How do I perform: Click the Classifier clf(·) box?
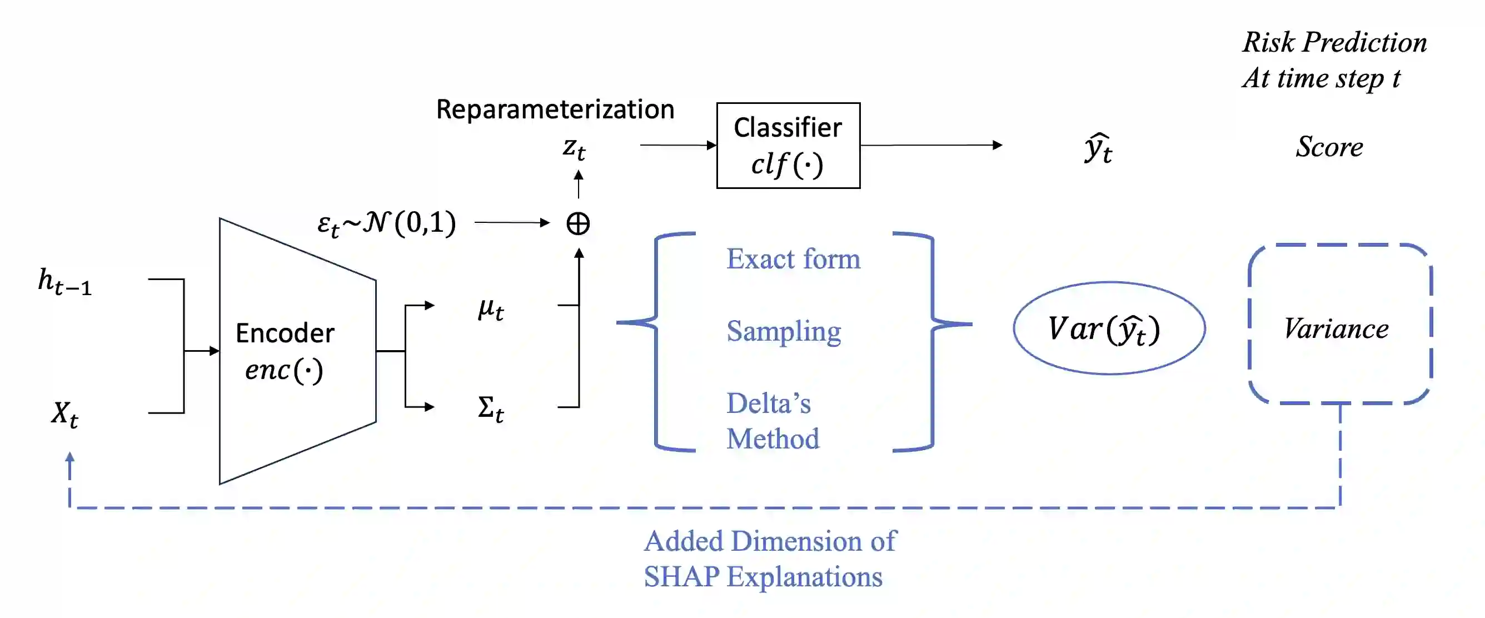tap(788, 145)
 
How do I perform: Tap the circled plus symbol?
tap(577, 223)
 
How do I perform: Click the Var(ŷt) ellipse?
tap(1109, 328)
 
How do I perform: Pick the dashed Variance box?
tap(1340, 325)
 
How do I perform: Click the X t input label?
tap(64, 414)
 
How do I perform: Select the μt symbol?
tap(491, 309)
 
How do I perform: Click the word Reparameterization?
tap(555, 109)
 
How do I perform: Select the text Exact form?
tap(793, 259)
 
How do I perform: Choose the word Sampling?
tap(784, 331)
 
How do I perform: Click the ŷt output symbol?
tap(1098, 149)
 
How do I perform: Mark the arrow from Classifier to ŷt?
tap(931, 145)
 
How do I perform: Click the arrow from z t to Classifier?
tap(678, 145)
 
